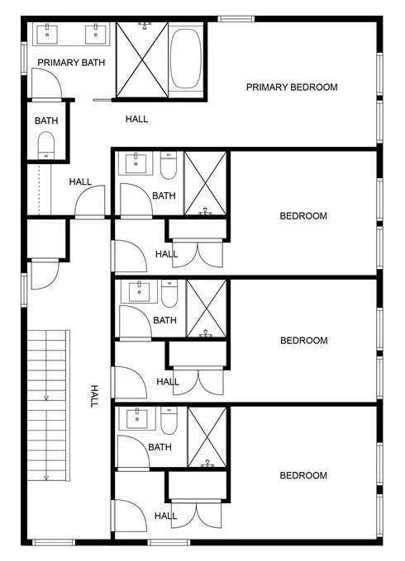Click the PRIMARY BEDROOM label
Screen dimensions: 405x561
pyautogui.click(x=292, y=87)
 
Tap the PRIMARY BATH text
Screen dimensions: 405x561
pyautogui.click(x=71, y=63)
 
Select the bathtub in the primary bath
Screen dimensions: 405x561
pyautogui.click(x=185, y=59)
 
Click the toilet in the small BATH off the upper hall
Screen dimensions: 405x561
pyautogui.click(x=46, y=145)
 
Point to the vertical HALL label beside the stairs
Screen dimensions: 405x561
pyautogui.click(x=94, y=396)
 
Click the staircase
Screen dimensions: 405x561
pyautogui.click(x=48, y=405)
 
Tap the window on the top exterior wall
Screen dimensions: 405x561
pyautogui.click(x=236, y=19)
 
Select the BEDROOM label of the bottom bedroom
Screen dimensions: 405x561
pyautogui.click(x=303, y=475)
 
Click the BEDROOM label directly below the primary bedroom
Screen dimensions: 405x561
pyautogui.click(x=303, y=216)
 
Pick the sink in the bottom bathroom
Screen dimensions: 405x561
pyautogui.click(x=137, y=418)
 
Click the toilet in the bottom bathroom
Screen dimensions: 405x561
pyautogui.click(x=169, y=421)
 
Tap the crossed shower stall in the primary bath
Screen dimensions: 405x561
pyautogui.click(x=142, y=59)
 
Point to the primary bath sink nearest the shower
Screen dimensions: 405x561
pyautogui.click(x=96, y=34)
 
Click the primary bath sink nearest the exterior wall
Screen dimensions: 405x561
pyautogui.click(x=47, y=34)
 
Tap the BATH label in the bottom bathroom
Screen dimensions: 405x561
pyautogui.click(x=160, y=447)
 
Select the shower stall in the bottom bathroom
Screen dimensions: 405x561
pyautogui.click(x=207, y=437)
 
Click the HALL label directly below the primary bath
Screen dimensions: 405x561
pyautogui.click(x=136, y=119)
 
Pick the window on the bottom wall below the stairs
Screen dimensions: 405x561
pyautogui.click(x=54, y=542)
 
